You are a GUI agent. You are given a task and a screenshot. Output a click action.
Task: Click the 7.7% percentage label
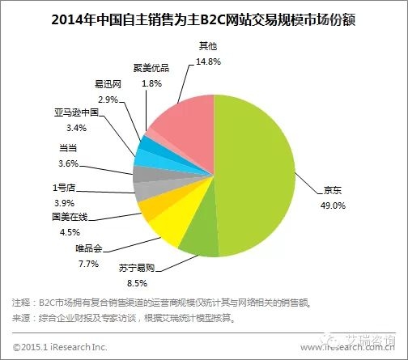(x=87, y=264)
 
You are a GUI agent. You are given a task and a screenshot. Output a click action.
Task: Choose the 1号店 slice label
(x=63, y=188)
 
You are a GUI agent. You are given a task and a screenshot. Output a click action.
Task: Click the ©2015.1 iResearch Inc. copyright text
(x=62, y=346)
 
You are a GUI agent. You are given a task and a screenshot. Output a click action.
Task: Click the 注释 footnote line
(x=162, y=304)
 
